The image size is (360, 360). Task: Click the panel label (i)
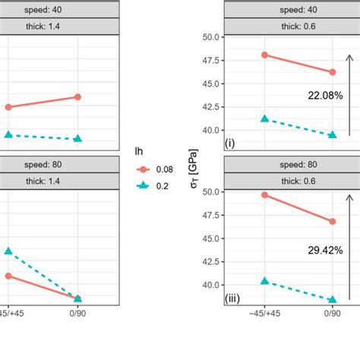[x=229, y=143]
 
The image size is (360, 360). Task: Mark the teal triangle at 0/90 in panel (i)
[x=331, y=135]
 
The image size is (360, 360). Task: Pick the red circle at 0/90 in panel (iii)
[x=331, y=222]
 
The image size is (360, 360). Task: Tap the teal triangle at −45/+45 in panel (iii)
[x=264, y=281]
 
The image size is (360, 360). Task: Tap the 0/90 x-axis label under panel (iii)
[x=331, y=312]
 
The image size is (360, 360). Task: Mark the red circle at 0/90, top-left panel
[x=78, y=96]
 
